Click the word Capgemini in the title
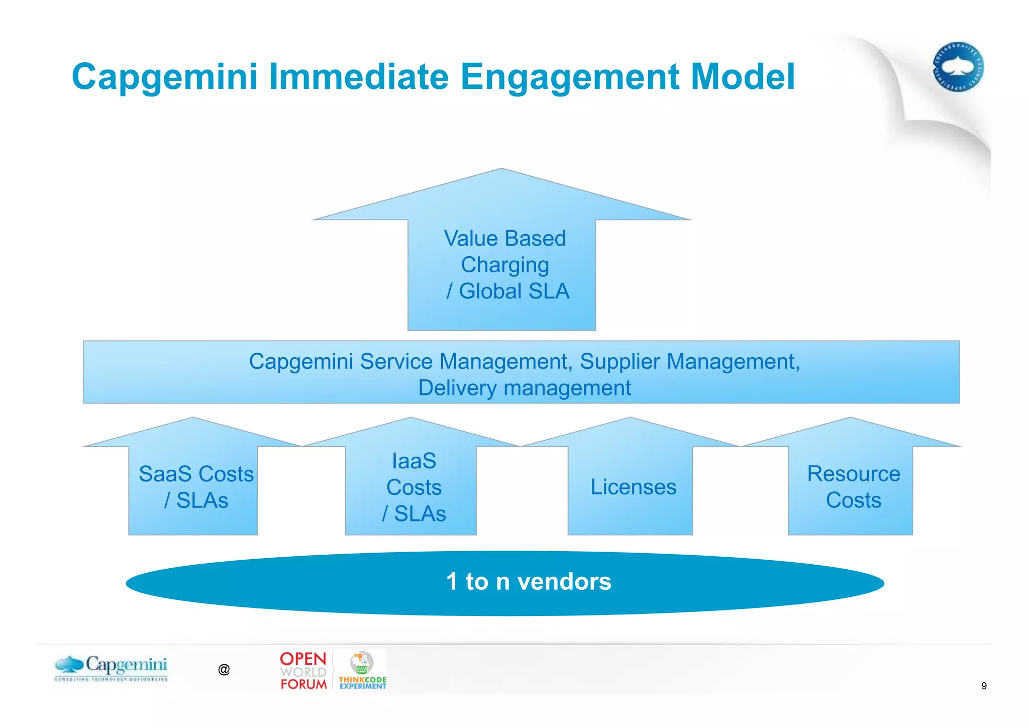[x=164, y=77]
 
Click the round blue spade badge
[x=958, y=67]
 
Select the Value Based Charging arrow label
[x=504, y=251]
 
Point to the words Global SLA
[x=514, y=291]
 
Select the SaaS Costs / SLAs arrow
[x=196, y=487]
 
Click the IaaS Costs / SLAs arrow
[x=414, y=487]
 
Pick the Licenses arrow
[x=633, y=487]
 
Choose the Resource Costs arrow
[x=853, y=487]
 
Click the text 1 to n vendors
[x=529, y=582]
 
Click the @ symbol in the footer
[x=224, y=670]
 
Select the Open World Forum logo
[x=303, y=671]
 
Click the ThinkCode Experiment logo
[x=362, y=671]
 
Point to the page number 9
[x=983, y=686]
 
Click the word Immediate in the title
[x=359, y=77]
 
